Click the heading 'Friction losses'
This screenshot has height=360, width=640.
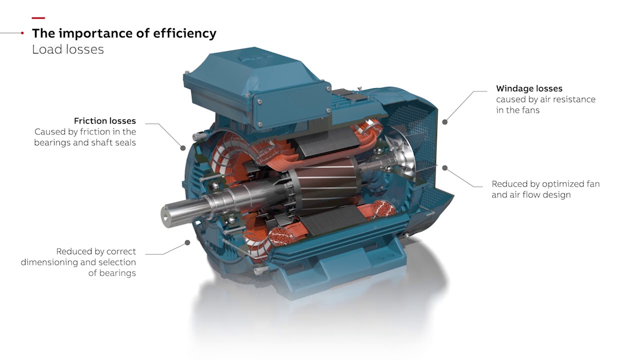tap(105, 121)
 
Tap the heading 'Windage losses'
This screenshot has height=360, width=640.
tap(529, 88)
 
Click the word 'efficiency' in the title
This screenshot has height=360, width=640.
tap(185, 33)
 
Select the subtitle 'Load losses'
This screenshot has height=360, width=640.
tap(67, 49)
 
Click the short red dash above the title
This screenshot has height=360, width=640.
tap(38, 18)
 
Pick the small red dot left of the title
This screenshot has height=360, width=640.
tap(22, 33)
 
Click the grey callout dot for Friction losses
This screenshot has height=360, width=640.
tap(183, 148)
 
